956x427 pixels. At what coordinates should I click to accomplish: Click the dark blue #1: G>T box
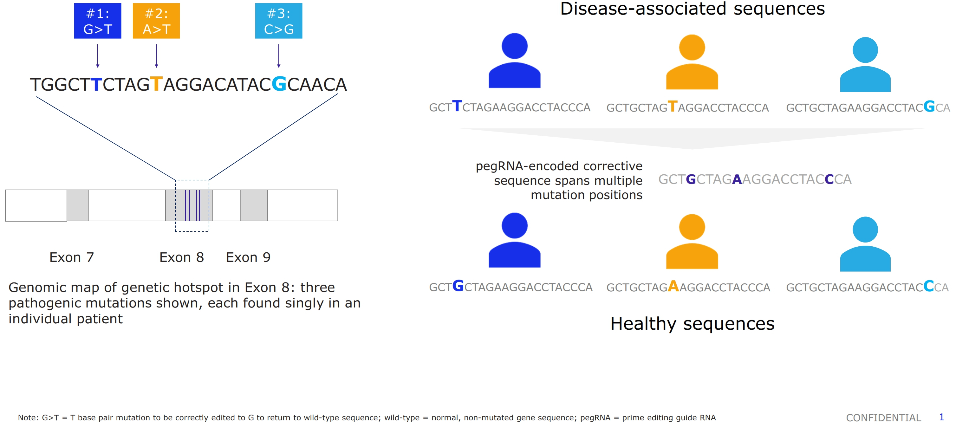tap(98, 21)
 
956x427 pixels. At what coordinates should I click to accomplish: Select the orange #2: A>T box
tap(156, 21)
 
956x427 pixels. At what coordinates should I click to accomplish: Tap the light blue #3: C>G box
tap(279, 21)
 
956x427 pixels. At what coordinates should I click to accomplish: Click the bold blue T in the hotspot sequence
tap(96, 84)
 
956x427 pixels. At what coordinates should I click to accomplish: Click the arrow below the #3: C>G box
tap(279, 56)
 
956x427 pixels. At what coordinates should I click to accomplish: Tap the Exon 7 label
tap(72, 257)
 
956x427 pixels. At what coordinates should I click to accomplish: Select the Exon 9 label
tap(248, 257)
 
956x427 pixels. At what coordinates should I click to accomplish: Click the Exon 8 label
tap(181, 257)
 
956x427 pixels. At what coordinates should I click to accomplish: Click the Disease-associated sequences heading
tap(693, 9)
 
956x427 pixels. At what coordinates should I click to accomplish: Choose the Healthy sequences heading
tap(693, 323)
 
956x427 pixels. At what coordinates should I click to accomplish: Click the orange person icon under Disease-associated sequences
tap(692, 62)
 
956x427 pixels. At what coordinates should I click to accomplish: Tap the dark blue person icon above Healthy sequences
tap(515, 240)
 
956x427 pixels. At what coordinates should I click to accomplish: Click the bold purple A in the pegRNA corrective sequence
tap(737, 179)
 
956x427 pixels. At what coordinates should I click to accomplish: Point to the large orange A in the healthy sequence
tap(673, 286)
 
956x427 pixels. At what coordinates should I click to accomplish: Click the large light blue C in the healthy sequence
tap(928, 286)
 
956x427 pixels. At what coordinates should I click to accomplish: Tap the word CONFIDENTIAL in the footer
tap(884, 418)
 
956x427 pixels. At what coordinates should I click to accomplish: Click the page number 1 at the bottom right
tap(941, 417)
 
